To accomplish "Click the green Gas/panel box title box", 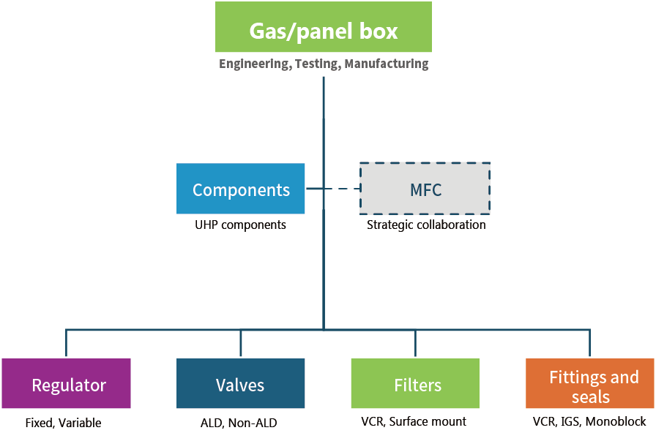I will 324,31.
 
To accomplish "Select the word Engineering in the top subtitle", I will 254,64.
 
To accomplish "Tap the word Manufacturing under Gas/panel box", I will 387,64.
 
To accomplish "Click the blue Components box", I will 241,189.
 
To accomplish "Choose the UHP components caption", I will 241,225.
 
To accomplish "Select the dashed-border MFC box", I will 425,189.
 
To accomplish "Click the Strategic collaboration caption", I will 425,225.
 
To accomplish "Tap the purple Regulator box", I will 67,385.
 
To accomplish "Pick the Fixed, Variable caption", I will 67,422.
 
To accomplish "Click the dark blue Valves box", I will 241,385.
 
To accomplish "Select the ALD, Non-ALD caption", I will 239,422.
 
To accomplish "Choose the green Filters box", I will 416,385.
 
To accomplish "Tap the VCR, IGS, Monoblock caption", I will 589,422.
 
